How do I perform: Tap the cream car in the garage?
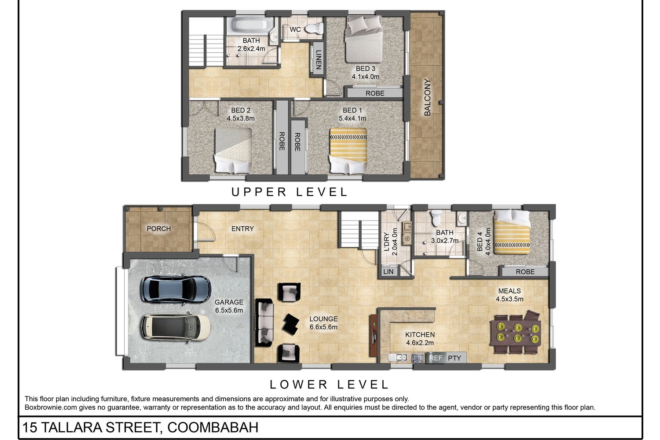click(176, 327)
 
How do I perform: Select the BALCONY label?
click(428, 97)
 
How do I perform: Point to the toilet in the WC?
click(314, 29)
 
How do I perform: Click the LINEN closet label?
click(319, 59)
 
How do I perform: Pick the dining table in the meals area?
click(516, 333)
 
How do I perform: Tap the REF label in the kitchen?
click(436, 358)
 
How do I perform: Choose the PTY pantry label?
click(455, 358)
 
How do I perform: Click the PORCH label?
click(159, 229)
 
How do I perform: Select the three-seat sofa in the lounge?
click(264, 322)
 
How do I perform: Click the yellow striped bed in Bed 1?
click(348, 150)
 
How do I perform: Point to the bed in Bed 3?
click(363, 39)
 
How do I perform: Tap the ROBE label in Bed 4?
click(525, 272)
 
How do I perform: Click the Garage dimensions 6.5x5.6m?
click(229, 310)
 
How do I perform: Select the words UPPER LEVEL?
click(290, 192)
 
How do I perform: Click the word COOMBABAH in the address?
click(213, 427)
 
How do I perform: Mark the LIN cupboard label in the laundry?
click(389, 272)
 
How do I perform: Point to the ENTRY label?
click(242, 229)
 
